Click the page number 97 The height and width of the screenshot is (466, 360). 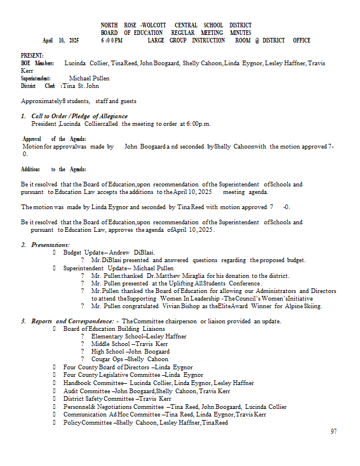[333, 432]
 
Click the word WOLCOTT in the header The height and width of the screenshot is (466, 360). [153, 26]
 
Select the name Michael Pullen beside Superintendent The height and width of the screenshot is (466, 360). [89, 78]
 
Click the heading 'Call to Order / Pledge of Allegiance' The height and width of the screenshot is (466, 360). [79, 116]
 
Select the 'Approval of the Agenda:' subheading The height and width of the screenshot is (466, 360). [54, 139]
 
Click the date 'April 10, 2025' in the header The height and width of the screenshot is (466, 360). [61, 41]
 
